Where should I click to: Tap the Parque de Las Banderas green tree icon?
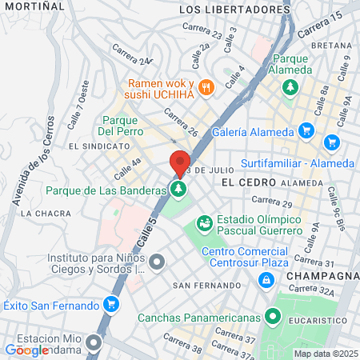click(178, 190)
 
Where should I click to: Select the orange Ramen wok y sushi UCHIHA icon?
click(206, 87)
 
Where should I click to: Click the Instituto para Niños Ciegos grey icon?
click(157, 261)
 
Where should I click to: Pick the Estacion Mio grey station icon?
click(95, 344)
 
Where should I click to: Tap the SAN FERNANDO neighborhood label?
click(206, 286)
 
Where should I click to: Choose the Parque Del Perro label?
click(120, 124)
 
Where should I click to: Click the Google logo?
click(26, 350)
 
